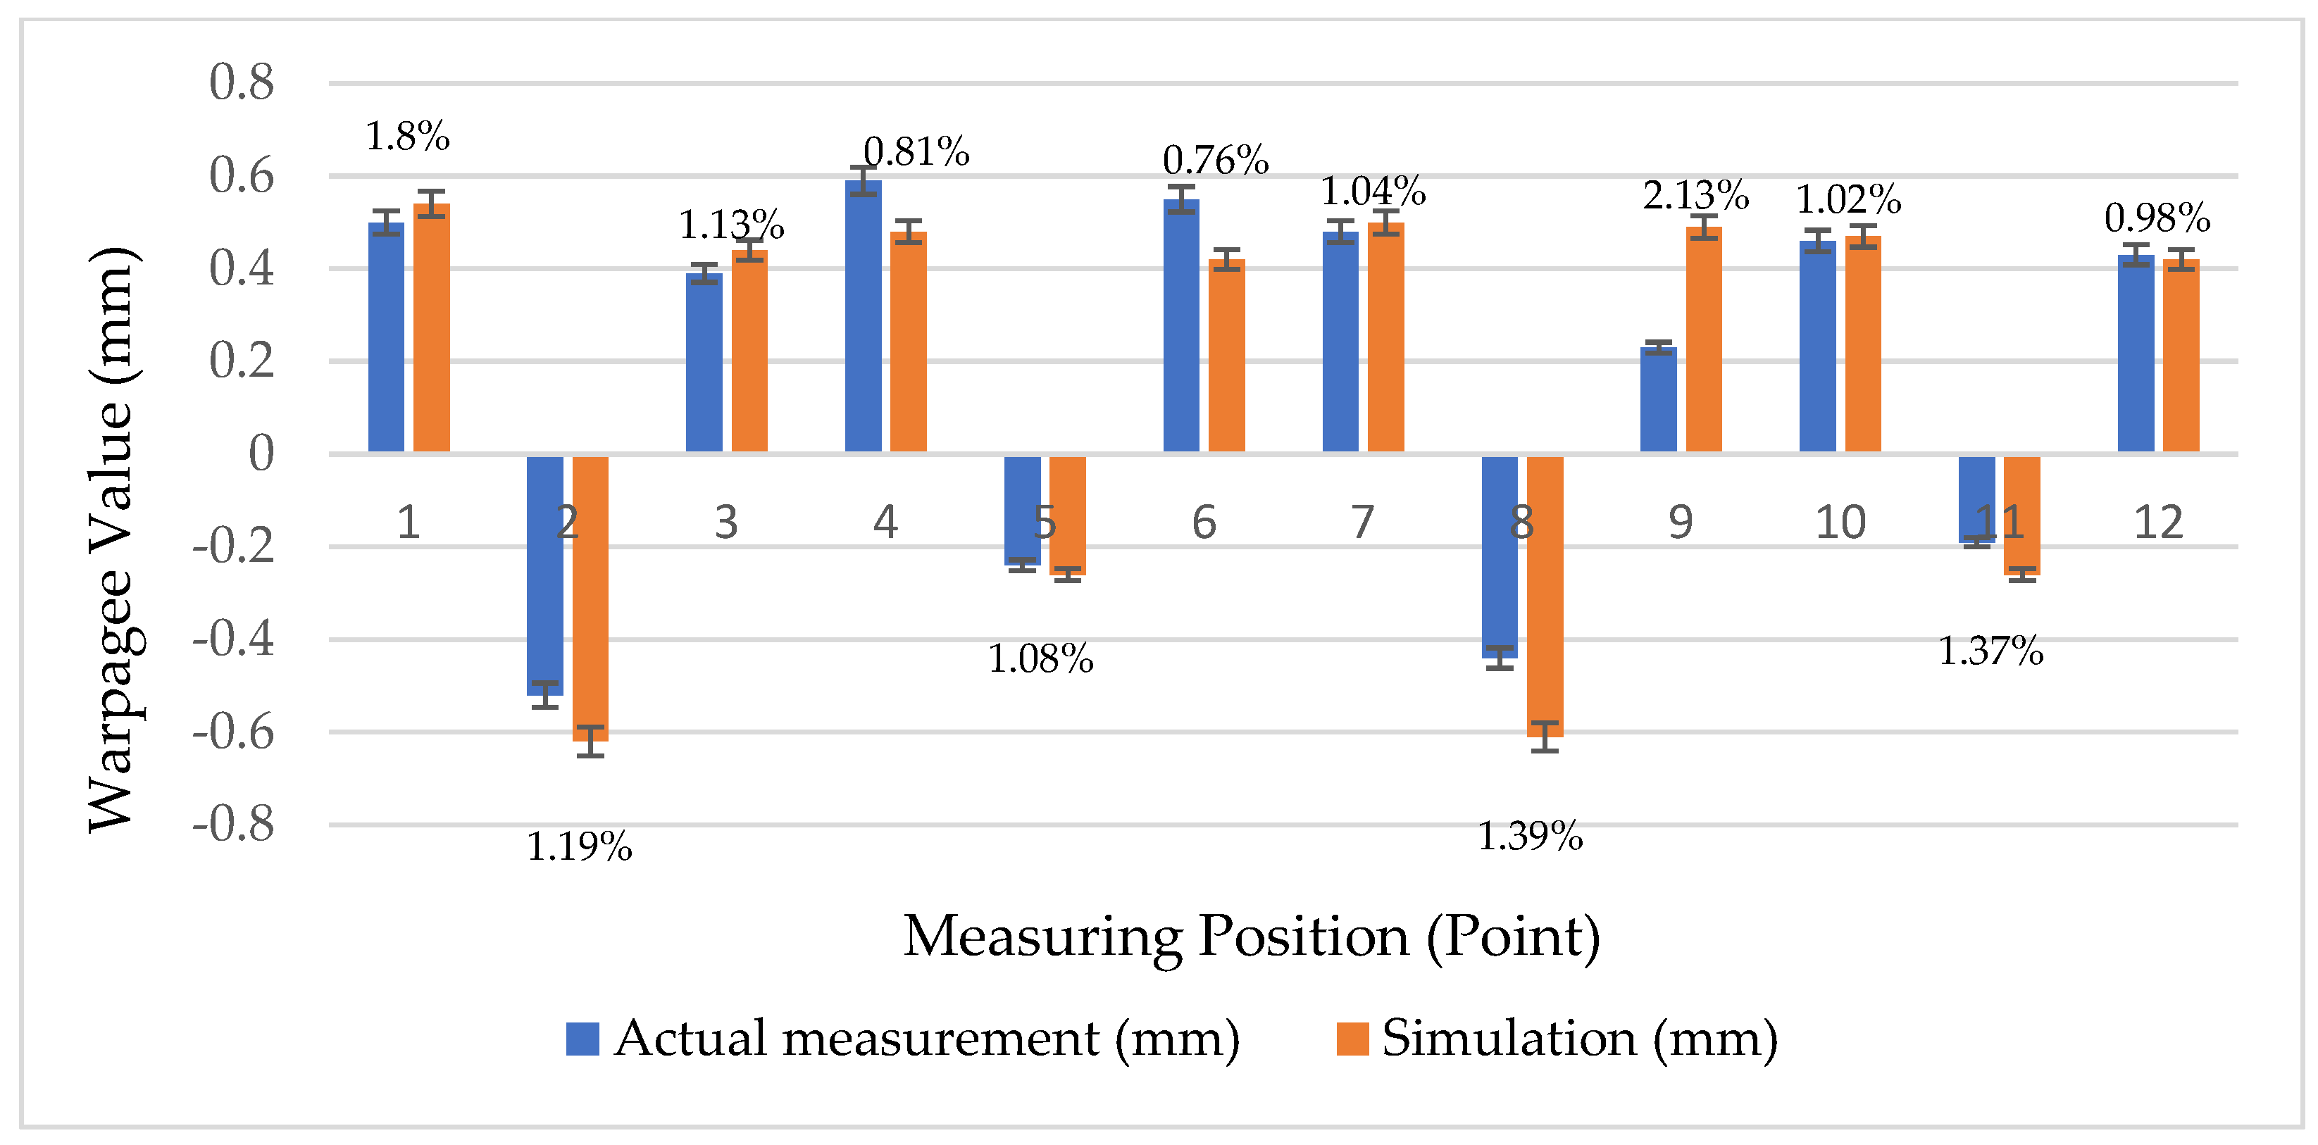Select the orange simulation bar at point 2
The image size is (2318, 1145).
click(590, 598)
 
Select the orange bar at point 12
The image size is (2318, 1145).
click(2181, 356)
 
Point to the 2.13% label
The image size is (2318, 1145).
click(1695, 195)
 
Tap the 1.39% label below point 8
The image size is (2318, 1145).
click(1530, 837)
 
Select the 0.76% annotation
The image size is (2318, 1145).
click(1215, 160)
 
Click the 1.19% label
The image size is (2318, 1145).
click(578, 847)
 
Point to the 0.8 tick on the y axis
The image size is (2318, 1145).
click(241, 83)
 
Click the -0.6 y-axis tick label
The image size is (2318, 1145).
click(232, 732)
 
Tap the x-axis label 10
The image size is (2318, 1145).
click(1839, 523)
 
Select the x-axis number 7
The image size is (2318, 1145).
click(1362, 523)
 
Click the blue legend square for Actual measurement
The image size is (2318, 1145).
click(582, 1039)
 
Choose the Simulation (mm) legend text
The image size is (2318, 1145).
click(1579, 1039)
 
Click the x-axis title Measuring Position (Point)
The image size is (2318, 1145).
click(1251, 937)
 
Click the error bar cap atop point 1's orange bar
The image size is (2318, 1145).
click(431, 192)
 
